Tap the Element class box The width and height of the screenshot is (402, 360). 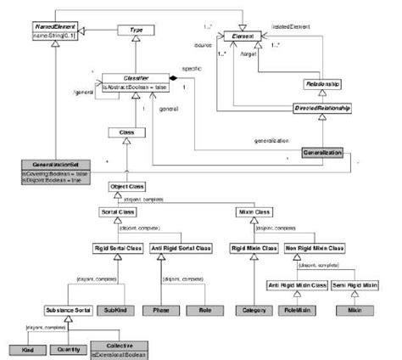pyautogui.click(x=254, y=37)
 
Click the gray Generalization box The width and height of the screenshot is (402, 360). pyautogui.click(x=321, y=153)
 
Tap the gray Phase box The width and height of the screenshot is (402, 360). pyautogui.click(x=160, y=311)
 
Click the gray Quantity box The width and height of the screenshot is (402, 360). pyautogui.click(x=70, y=349)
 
